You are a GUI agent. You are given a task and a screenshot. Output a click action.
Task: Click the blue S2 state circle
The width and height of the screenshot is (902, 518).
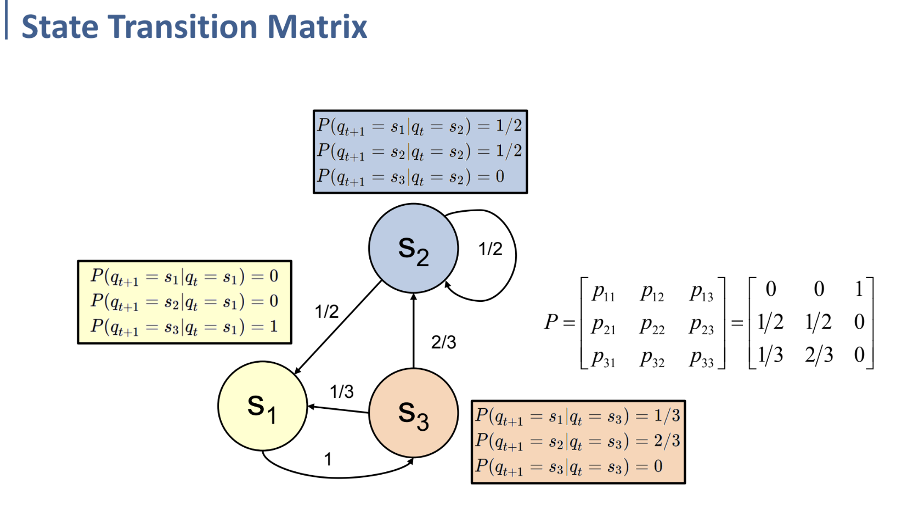(413, 249)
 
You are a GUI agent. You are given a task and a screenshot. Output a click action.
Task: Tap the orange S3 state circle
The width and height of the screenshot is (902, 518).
(413, 413)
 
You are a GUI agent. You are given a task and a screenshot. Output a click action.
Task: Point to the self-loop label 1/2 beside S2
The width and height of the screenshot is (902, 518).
(490, 249)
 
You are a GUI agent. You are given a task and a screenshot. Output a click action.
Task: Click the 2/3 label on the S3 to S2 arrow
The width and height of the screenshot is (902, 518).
(443, 342)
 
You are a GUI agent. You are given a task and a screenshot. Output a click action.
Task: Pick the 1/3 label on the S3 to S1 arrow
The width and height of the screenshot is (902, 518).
(341, 392)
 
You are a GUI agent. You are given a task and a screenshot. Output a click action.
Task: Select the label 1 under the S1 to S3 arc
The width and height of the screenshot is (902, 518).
(328, 459)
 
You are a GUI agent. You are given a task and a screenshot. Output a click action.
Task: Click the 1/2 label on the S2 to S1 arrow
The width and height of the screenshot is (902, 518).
(326, 312)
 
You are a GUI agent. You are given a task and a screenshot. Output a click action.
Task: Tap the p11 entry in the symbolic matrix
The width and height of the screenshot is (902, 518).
(603, 292)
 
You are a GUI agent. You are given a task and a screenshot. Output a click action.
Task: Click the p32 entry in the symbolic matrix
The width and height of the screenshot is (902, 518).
(652, 359)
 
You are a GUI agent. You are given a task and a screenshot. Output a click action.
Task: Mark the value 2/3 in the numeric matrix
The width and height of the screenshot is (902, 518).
(819, 355)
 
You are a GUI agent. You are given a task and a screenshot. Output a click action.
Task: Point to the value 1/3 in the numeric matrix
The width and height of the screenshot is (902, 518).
(770, 355)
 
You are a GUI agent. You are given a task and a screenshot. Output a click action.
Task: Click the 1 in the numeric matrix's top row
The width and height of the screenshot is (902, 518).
(859, 289)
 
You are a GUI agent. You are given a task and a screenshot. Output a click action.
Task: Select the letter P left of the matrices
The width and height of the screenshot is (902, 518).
(551, 322)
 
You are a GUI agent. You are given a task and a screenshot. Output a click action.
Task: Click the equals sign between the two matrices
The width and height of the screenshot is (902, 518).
(737, 323)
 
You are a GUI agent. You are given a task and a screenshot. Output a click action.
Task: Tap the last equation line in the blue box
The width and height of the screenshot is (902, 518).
(410, 177)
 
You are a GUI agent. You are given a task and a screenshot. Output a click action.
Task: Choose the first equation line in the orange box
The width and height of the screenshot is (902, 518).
(577, 416)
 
